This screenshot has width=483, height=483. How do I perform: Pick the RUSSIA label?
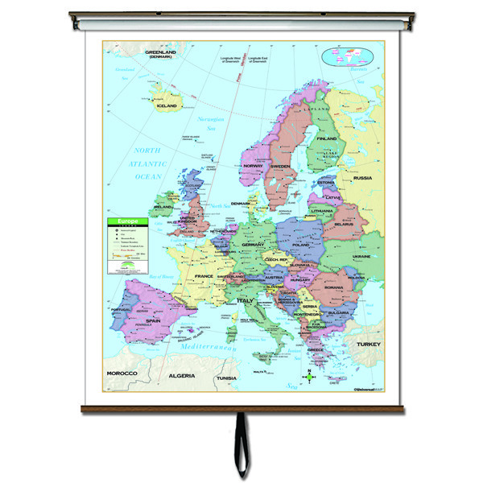pos(362,178)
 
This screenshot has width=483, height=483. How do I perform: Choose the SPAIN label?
pos(153,319)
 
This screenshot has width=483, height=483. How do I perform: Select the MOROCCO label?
pos(120,374)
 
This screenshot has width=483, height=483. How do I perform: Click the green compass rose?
pos(310,376)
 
